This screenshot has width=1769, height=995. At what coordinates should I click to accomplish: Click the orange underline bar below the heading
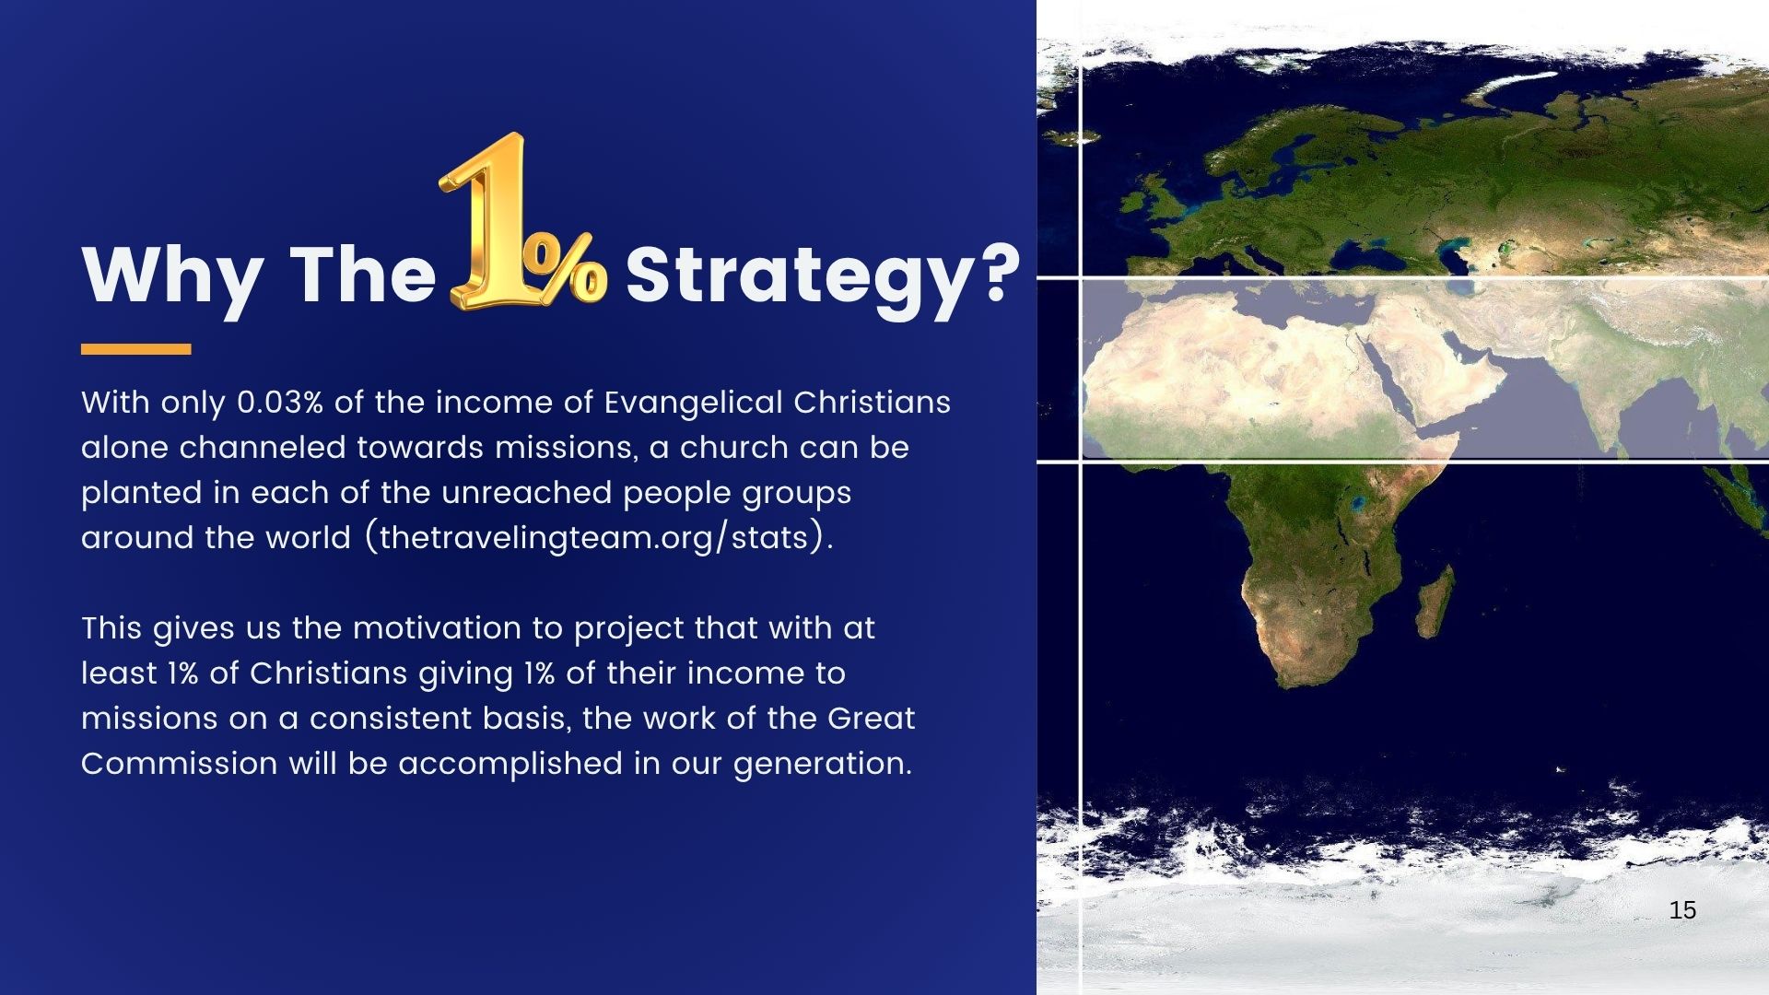pos(135,349)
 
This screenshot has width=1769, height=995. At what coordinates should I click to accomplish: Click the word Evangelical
pos(693,404)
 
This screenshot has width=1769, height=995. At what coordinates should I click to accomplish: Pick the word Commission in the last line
pos(179,764)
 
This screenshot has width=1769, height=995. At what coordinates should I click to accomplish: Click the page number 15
pos(1682,910)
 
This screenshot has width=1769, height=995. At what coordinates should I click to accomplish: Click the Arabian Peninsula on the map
pos(1437,373)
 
